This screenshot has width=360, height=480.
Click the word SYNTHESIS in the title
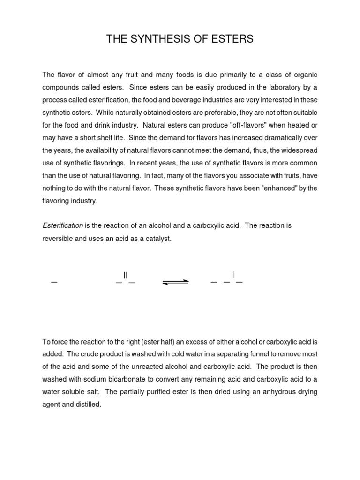[x=162, y=39]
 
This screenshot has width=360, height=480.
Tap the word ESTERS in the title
[x=232, y=39]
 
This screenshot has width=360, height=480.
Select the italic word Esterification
[x=63, y=226]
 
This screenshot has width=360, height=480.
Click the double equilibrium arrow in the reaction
[x=176, y=282]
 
